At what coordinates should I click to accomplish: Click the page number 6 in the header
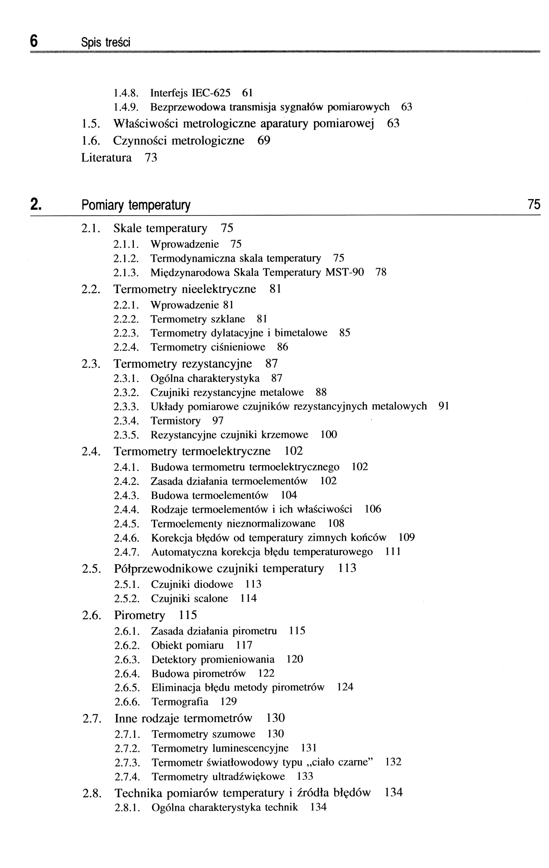tap(34, 41)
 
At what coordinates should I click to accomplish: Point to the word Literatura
tap(106, 157)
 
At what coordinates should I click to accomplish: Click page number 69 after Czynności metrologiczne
tap(264, 140)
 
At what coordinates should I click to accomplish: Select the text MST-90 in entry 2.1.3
tap(344, 272)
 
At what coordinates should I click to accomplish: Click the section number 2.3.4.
tap(126, 421)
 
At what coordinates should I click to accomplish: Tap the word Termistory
tap(175, 421)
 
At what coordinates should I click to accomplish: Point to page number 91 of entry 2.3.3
tap(444, 406)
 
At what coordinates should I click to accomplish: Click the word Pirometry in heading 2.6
tap(140, 615)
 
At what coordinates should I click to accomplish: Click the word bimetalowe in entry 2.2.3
tap(301, 333)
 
